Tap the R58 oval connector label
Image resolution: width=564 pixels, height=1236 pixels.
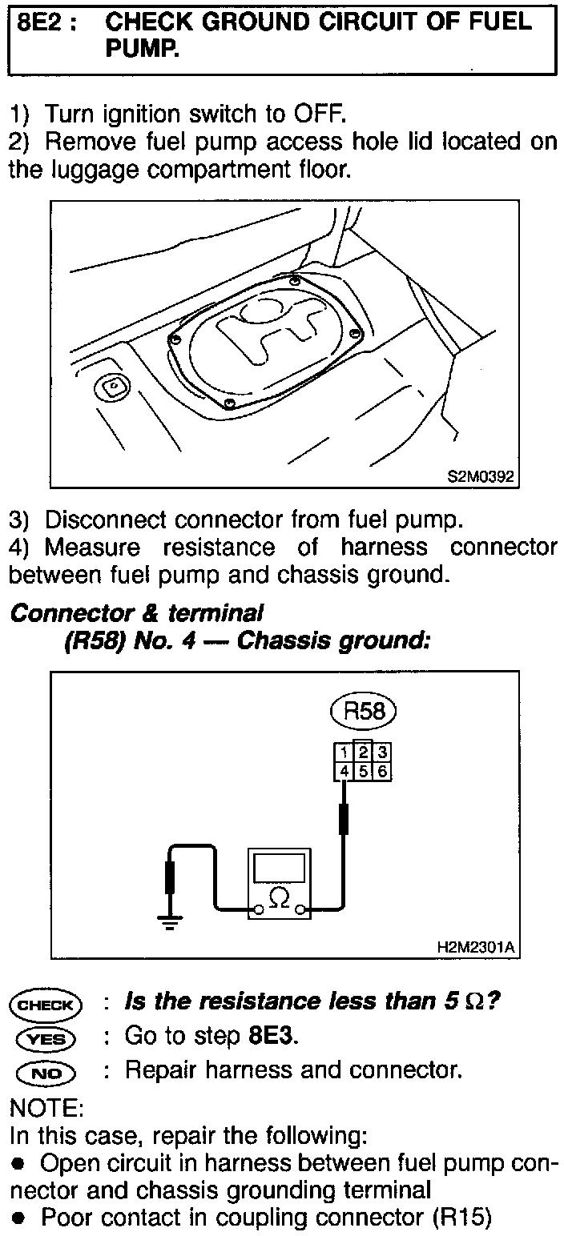point(365,712)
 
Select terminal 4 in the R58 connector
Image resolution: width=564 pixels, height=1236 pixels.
point(343,771)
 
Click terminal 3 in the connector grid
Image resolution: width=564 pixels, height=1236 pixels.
point(383,752)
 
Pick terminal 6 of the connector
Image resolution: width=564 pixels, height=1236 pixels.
point(383,771)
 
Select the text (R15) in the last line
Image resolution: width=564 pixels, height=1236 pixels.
point(461,1219)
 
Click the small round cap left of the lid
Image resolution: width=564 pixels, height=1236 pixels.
point(113,387)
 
